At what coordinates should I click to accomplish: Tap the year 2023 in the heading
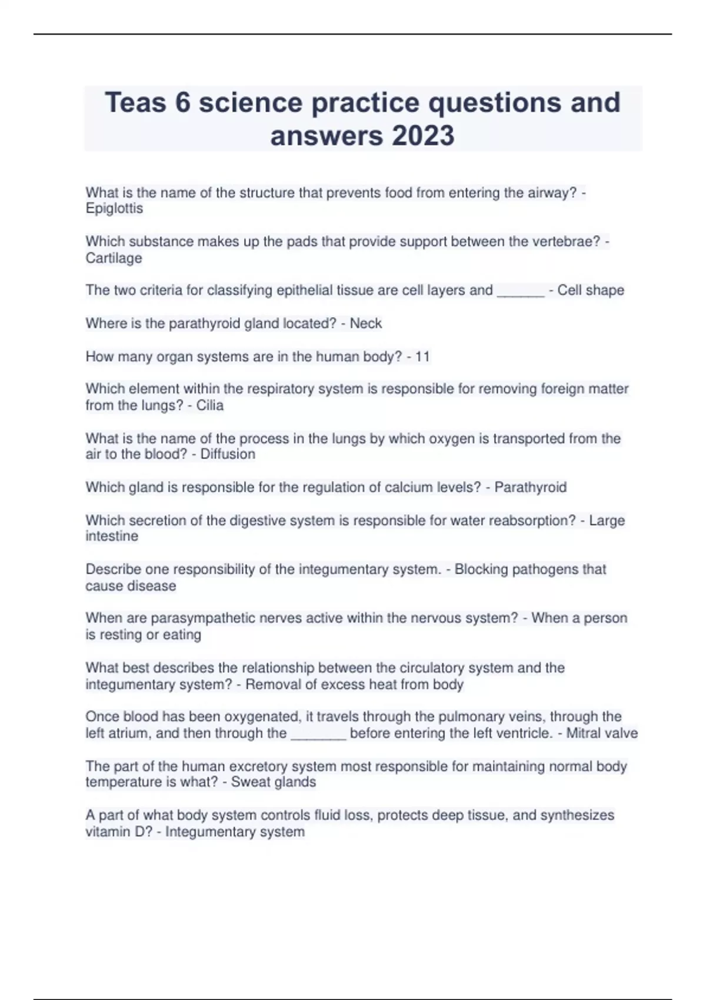point(422,136)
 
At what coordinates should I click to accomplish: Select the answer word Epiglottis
point(114,209)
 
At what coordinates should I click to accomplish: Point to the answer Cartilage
point(114,258)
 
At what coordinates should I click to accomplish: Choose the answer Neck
point(365,324)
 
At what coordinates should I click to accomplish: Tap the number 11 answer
point(422,356)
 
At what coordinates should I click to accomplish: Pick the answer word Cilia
point(209,405)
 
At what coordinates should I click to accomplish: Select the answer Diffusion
point(228,454)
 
